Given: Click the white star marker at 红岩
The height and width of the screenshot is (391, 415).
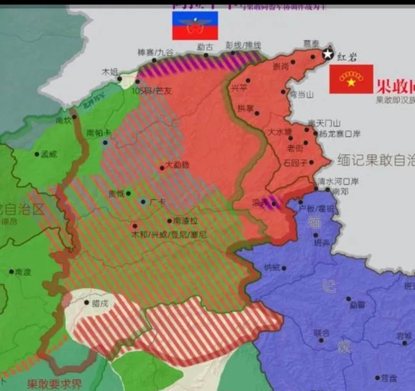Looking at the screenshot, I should (328, 54).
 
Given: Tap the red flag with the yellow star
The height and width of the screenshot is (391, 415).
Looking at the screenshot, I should (351, 79).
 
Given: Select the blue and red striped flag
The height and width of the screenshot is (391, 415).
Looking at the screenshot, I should (195, 26).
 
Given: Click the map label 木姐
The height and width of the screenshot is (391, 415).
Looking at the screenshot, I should (110, 72).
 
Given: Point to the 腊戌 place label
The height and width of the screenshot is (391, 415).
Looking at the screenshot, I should (100, 303).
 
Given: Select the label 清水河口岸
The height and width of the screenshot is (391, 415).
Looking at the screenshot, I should (338, 181).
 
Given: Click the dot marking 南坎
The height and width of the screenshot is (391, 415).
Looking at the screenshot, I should (74, 117).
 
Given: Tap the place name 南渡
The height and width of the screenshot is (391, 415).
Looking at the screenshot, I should (23, 272).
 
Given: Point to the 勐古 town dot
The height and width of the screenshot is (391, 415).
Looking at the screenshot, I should (206, 55).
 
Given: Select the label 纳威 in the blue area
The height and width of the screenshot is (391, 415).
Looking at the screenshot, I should (272, 268).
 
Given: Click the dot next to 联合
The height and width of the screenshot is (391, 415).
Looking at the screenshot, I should (321, 340).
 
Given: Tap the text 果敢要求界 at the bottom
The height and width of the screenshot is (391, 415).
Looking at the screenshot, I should (54, 384).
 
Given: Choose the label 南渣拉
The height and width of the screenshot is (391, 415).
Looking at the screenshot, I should (185, 221).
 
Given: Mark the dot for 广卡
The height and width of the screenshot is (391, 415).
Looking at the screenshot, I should (143, 201).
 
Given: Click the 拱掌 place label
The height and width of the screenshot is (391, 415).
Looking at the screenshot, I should (245, 108).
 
